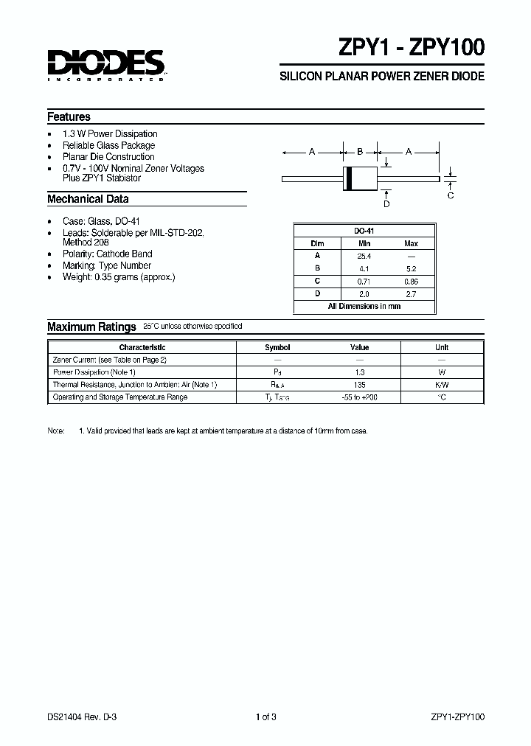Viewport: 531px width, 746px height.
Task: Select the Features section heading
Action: [x=69, y=116]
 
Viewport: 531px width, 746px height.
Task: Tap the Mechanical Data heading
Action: [x=88, y=199]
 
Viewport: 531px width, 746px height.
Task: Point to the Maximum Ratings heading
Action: [x=91, y=327]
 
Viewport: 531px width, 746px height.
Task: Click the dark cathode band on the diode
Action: [x=350, y=178]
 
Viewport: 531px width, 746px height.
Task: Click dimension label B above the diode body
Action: [x=360, y=152]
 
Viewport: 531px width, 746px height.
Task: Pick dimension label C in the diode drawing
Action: [x=451, y=195]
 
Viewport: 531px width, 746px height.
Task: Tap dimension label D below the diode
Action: [x=386, y=203]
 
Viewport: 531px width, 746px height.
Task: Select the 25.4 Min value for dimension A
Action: [x=364, y=256]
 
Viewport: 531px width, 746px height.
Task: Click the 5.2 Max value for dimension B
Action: [x=411, y=268]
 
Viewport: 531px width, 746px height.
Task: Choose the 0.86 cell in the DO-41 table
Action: [x=411, y=281]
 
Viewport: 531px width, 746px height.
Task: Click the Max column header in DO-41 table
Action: [x=411, y=243]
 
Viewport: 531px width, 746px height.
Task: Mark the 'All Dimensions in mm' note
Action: [x=364, y=306]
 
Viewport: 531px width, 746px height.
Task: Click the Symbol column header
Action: [x=277, y=347]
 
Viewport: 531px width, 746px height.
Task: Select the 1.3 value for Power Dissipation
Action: [x=360, y=372]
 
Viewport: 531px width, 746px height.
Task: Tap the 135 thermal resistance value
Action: [x=360, y=385]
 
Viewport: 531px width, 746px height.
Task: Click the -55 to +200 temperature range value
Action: [x=360, y=397]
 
